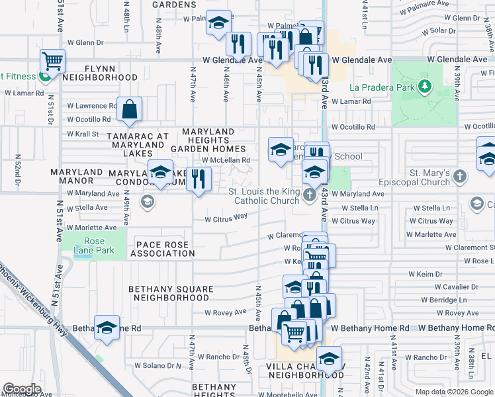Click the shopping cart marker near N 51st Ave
[53, 62]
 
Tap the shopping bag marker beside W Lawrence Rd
[130, 109]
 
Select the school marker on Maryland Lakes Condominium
[160, 173]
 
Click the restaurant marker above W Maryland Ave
[198, 179]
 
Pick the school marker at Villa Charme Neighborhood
[328, 359]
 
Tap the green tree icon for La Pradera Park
[425, 87]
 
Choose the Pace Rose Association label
[165, 249]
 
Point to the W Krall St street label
[83, 134]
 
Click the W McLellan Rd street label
[226, 159]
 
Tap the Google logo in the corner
[22, 389]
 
